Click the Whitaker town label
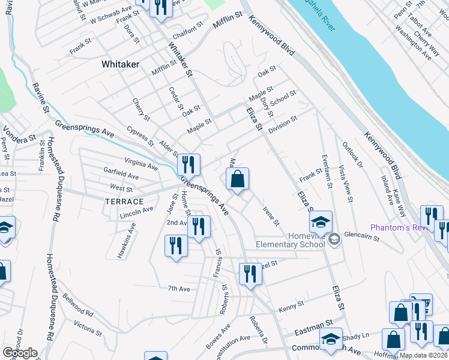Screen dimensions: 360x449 (x=120, y=63)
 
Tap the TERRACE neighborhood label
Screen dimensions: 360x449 (x=123, y=202)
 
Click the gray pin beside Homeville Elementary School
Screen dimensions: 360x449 (x=334, y=239)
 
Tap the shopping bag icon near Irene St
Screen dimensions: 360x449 (x=237, y=179)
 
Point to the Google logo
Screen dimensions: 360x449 (x=20, y=353)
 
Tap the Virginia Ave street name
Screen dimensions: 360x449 (x=141, y=164)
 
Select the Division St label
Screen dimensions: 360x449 (x=283, y=125)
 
